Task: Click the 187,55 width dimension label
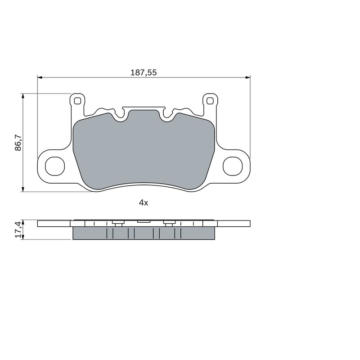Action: click(144, 72)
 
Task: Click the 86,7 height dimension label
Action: click(18, 143)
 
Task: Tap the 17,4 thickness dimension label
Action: click(18, 229)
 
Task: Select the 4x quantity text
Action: click(144, 203)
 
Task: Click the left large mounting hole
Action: click(55, 166)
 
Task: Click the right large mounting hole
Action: click(233, 166)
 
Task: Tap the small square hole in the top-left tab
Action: click(77, 101)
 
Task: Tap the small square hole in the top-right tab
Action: click(210, 101)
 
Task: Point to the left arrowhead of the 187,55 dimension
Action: click(40, 77)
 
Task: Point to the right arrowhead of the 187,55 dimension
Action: click(248, 77)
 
